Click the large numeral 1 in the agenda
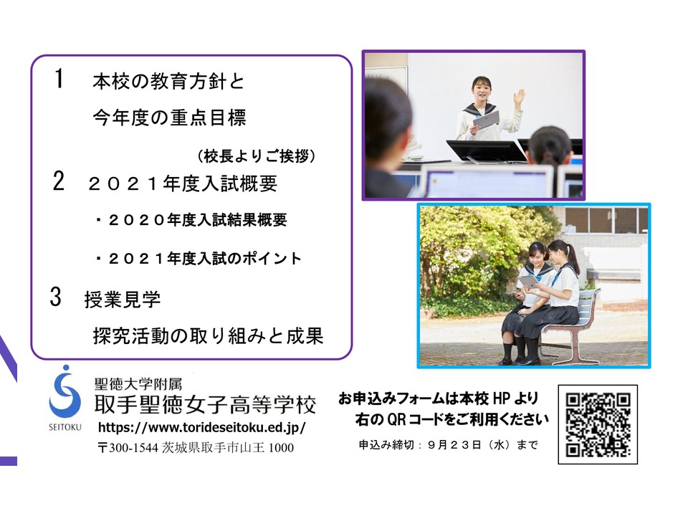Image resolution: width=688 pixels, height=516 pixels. (59, 79)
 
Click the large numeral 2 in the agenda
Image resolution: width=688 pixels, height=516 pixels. (58, 181)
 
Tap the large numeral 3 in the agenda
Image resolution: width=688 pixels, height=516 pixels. (56, 297)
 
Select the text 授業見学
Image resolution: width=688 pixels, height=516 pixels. (123, 300)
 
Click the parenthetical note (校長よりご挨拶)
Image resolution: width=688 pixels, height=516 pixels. (257, 156)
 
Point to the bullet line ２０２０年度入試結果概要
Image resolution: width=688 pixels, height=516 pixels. (191, 220)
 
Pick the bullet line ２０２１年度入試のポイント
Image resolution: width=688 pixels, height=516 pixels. (199, 259)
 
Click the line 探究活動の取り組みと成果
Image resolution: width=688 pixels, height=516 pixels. (209, 336)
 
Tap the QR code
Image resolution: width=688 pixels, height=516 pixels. (598, 424)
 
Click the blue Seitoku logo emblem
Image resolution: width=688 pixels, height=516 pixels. (65, 392)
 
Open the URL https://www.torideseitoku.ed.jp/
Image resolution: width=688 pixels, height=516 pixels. (202, 427)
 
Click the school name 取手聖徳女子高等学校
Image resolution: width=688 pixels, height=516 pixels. (205, 404)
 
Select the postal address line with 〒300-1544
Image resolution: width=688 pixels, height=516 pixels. (196, 447)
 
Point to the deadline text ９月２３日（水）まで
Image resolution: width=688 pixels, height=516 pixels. (482, 445)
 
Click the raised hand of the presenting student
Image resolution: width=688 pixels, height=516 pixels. (519, 97)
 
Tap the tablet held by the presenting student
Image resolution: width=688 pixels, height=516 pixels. (486, 120)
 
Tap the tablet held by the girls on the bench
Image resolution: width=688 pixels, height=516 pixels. (530, 282)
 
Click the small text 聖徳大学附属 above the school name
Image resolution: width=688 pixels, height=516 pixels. (138, 384)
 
